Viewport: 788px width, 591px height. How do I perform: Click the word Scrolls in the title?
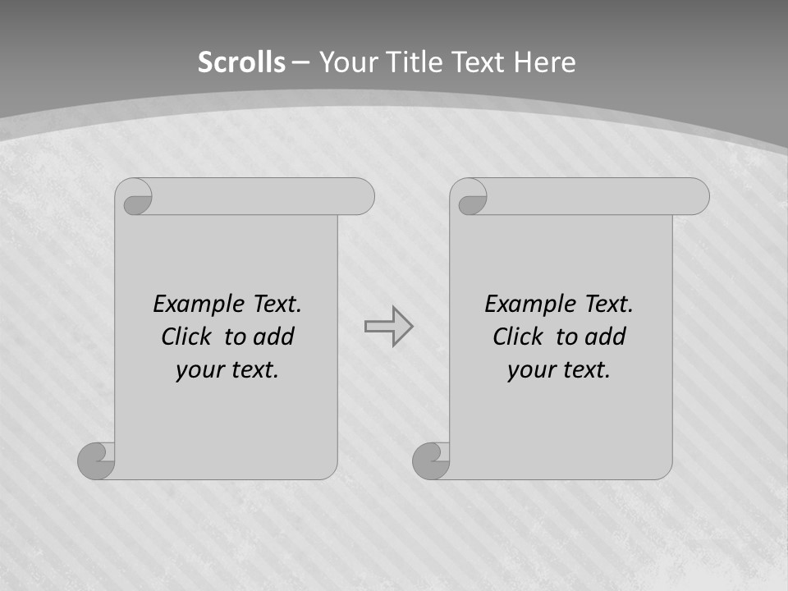pyautogui.click(x=241, y=62)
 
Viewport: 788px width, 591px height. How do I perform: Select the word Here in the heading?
pyautogui.click(x=544, y=62)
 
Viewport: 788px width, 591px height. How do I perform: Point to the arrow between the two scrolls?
pyautogui.click(x=389, y=326)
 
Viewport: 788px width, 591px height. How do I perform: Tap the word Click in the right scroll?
pyautogui.click(x=517, y=337)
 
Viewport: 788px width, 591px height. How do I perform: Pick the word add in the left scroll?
pyautogui.click(x=275, y=337)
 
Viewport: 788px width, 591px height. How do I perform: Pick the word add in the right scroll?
pyautogui.click(x=607, y=337)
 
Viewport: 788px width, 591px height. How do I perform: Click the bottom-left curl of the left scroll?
pyautogui.click(x=97, y=460)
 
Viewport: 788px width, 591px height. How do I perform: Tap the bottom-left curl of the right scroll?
pyautogui.click(x=432, y=460)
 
